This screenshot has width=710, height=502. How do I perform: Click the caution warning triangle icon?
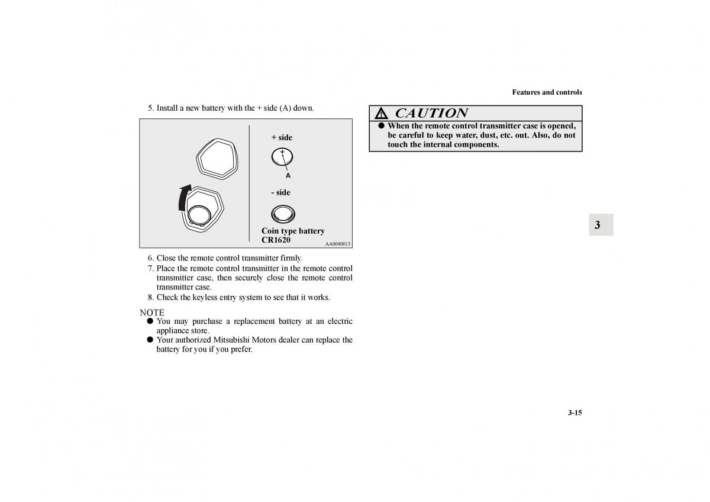[381, 113]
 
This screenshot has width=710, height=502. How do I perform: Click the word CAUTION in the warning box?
[431, 113]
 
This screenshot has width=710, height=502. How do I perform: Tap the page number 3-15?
[575, 413]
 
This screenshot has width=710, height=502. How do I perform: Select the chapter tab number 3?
[598, 225]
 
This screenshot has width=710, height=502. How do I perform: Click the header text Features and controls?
[547, 92]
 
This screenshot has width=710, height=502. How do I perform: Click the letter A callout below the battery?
[288, 175]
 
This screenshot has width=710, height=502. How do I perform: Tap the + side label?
[282, 137]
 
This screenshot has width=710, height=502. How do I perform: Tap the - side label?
[281, 192]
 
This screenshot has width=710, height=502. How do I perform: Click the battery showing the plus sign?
[282, 157]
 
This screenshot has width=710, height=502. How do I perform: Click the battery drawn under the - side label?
[283, 214]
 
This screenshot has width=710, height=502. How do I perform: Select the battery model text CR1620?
[276, 240]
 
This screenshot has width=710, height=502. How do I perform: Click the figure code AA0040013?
[338, 244]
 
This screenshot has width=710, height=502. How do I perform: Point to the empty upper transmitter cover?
[217, 159]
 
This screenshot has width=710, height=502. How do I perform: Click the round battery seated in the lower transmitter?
[199, 215]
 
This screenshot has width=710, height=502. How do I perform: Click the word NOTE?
[152, 313]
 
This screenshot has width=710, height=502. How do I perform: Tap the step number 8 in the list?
[150, 297]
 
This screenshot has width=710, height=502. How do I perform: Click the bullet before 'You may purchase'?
[150, 321]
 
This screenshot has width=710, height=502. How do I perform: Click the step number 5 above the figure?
[150, 108]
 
